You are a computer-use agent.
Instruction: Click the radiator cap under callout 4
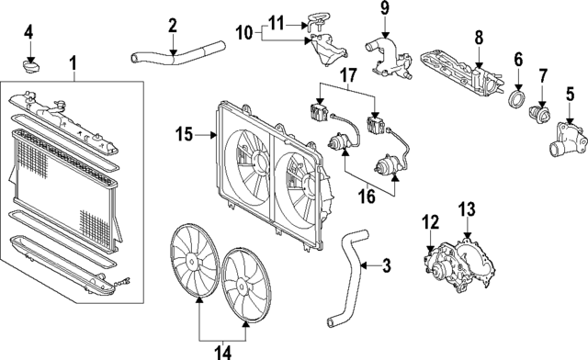tap(30, 67)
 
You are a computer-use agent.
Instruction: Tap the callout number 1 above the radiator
tap(73, 62)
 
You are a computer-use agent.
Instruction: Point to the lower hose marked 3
tap(345, 278)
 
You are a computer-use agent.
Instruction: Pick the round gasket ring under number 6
tap(518, 99)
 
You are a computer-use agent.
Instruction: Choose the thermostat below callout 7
tap(539, 114)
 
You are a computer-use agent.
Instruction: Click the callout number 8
tap(479, 38)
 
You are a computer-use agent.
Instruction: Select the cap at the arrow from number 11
tap(316, 21)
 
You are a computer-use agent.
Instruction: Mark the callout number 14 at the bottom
tap(223, 353)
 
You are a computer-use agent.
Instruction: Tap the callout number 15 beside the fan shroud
tap(184, 134)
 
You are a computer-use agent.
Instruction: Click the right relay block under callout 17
tap(375, 125)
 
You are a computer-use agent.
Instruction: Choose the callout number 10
tap(244, 33)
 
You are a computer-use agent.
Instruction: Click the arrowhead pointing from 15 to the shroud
tap(213, 135)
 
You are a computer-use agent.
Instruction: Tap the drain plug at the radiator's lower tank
tap(125, 280)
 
